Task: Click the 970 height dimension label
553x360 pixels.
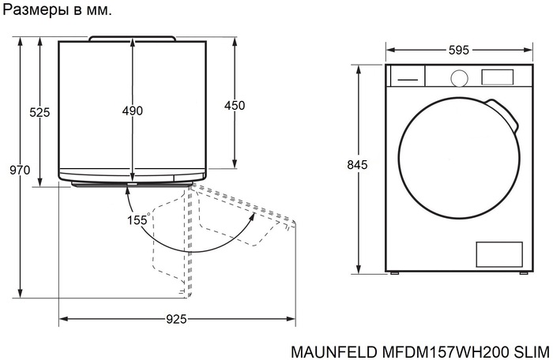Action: click(20, 171)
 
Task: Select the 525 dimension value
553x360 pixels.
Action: click(39, 112)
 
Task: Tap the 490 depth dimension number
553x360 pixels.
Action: click(133, 111)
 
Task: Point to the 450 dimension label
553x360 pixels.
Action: click(235, 106)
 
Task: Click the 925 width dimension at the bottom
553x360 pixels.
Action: click(176, 320)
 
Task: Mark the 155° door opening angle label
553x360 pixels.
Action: click(138, 220)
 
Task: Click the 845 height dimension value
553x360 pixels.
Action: click(358, 165)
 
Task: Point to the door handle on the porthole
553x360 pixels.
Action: click(505, 115)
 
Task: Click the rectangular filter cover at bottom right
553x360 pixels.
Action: click(498, 254)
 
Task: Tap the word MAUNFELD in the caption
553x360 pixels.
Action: click(322, 350)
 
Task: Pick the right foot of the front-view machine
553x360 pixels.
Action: click(521, 272)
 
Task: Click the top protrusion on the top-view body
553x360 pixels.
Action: click(132, 37)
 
